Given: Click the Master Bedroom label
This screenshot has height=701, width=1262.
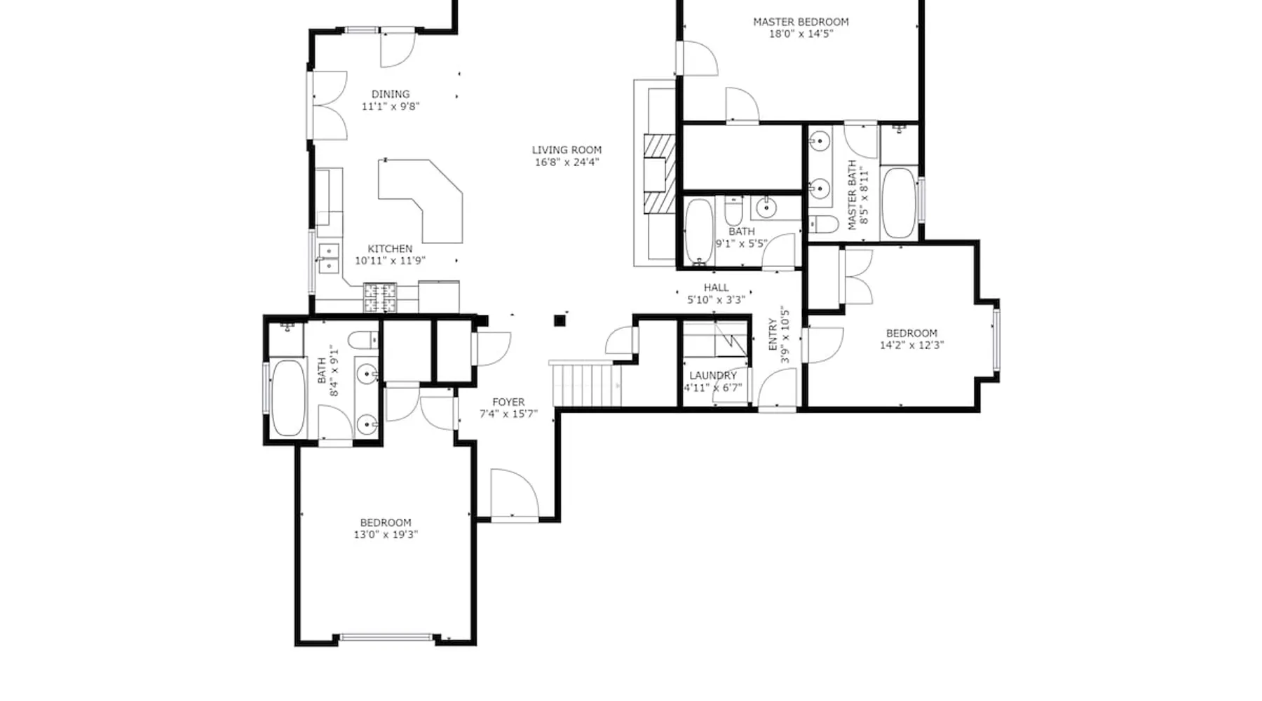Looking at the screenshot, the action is [801, 22].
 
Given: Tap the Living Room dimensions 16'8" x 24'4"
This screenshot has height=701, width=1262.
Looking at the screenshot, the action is [566, 162].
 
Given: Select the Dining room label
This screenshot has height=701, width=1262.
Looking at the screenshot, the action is [391, 94].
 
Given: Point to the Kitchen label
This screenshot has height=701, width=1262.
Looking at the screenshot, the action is [390, 248].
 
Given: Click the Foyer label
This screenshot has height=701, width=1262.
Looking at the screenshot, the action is [508, 402].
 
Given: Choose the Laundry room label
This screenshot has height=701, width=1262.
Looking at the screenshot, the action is [713, 375].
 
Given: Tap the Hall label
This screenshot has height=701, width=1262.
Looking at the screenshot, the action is [716, 287].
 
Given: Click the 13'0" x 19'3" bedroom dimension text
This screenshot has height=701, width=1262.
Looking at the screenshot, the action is [386, 534].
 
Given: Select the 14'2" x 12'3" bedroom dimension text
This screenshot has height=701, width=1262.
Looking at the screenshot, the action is [911, 344].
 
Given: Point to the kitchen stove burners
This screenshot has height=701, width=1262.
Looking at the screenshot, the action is [380, 297].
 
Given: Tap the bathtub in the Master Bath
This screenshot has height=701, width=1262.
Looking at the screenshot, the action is [898, 203].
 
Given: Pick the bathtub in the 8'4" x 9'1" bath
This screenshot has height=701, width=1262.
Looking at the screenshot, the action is [287, 397].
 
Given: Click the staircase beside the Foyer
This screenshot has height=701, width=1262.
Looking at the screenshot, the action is [586, 383].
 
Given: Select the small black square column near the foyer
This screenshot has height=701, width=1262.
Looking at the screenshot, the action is [559, 321].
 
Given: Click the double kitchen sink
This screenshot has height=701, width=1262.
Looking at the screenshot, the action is [328, 258].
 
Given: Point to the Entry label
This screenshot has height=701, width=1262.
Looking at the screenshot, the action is [773, 334].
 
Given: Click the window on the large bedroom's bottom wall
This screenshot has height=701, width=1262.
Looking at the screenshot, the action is [386, 637].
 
